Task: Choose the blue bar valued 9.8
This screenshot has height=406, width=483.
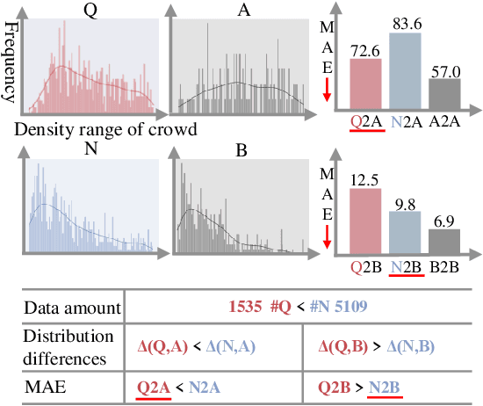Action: pos(406,232)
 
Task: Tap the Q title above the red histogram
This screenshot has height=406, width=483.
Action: pos(90,9)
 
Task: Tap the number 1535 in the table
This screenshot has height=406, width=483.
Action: pos(247,308)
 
